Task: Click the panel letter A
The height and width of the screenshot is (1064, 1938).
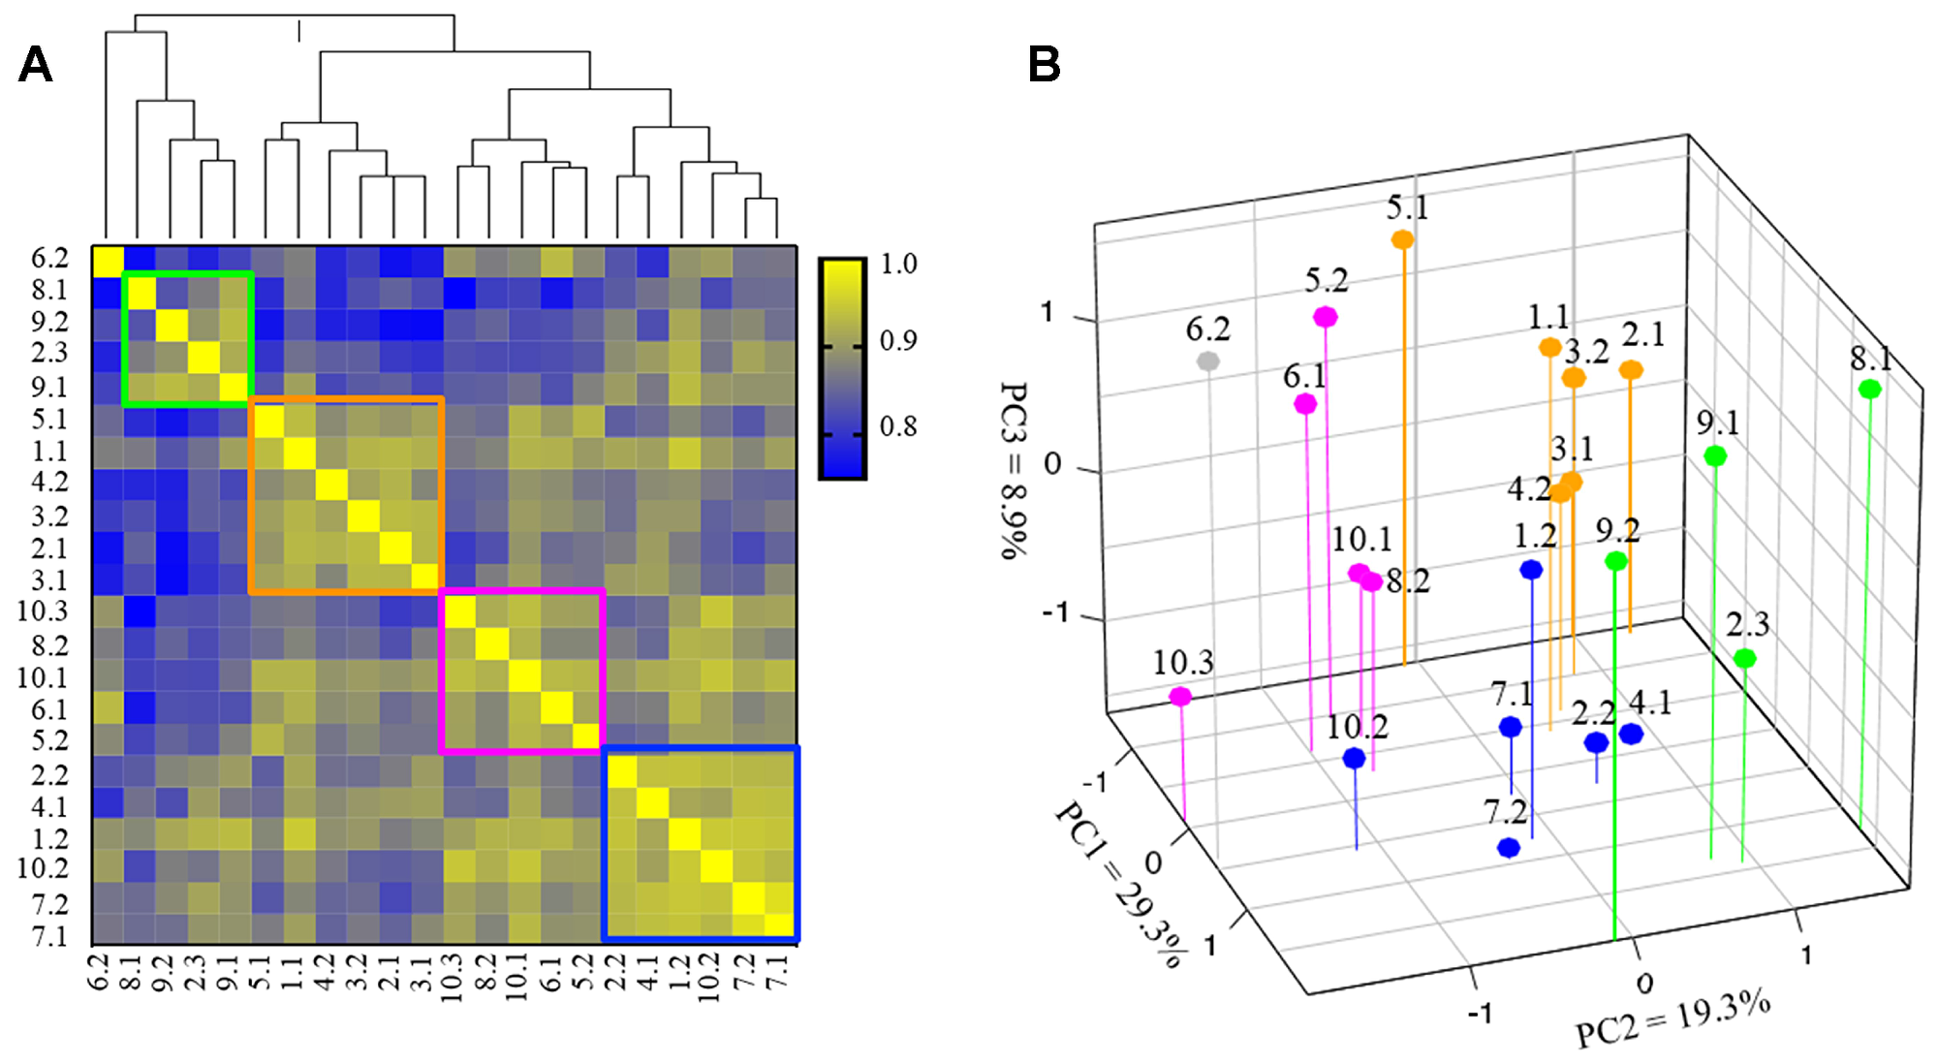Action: click(x=35, y=65)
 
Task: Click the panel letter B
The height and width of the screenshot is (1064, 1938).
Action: click(x=1044, y=65)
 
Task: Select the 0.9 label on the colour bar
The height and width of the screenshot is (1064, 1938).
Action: click(x=898, y=341)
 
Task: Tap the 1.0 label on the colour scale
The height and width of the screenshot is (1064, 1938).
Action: click(x=898, y=264)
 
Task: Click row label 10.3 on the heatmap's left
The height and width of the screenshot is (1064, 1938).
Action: click(x=43, y=611)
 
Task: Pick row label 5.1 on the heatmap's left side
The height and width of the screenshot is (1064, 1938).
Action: click(x=49, y=420)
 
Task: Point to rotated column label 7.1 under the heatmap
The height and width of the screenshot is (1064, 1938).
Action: click(x=777, y=970)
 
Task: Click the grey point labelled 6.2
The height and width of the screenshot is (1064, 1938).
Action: click(x=1207, y=361)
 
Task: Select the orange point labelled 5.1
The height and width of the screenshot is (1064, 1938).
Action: click(x=1402, y=239)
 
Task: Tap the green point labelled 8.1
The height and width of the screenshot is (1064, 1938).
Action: click(x=1869, y=390)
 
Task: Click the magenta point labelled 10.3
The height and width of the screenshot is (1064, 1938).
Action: click(x=1180, y=696)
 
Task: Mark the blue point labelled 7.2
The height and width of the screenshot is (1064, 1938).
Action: click(x=1508, y=848)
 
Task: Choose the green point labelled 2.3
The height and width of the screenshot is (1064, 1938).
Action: click(x=1744, y=659)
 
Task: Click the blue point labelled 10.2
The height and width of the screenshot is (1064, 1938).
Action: click(x=1354, y=758)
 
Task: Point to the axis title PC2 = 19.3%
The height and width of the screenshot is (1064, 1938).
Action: click(x=1672, y=1020)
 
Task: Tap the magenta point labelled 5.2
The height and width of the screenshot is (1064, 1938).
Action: click(x=1326, y=317)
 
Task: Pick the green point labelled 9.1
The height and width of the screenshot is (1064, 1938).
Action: click(x=1715, y=455)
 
